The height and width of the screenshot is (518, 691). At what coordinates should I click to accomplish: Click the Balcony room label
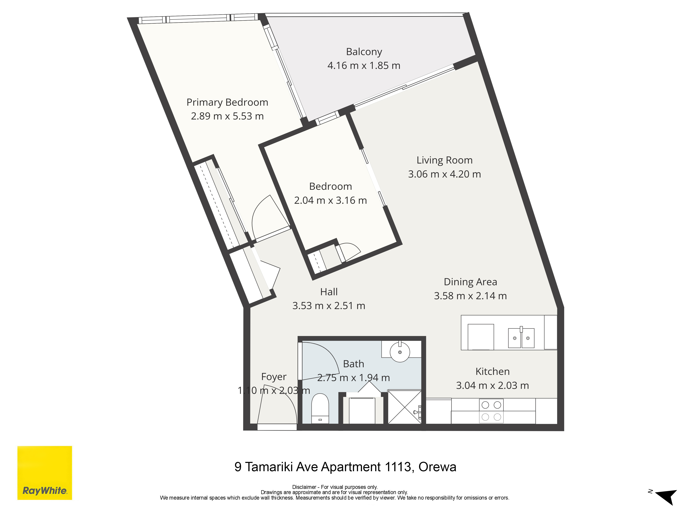pyautogui.click(x=364, y=52)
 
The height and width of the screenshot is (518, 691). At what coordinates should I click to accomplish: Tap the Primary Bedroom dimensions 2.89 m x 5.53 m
pyautogui.click(x=227, y=116)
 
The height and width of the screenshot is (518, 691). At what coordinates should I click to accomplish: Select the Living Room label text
pyautogui.click(x=444, y=160)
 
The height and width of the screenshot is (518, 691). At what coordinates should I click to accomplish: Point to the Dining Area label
pyautogui.click(x=470, y=282)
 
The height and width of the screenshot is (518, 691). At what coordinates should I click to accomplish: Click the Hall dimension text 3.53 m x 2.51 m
pyautogui.click(x=329, y=306)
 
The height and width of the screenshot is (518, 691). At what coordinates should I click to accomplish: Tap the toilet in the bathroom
pyautogui.click(x=320, y=408)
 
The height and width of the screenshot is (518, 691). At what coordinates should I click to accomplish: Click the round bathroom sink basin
pyautogui.click(x=400, y=352)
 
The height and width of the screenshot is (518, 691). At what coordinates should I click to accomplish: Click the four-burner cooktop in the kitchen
pyautogui.click(x=491, y=411)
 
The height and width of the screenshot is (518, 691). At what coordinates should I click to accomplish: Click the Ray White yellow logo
pyautogui.click(x=45, y=473)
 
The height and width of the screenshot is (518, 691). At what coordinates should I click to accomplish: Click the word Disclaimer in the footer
pyautogui.click(x=304, y=487)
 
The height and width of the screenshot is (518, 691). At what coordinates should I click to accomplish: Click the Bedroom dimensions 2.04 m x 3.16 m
pyautogui.click(x=330, y=200)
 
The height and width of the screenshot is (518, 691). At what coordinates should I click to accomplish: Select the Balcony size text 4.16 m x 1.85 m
pyautogui.click(x=364, y=66)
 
